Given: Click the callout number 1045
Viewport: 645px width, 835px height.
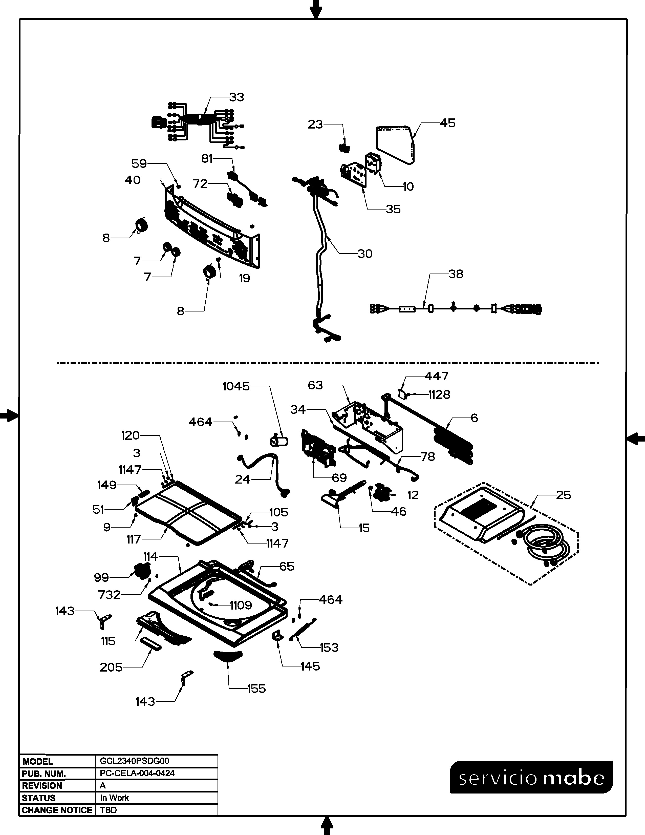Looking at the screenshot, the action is tap(236, 387).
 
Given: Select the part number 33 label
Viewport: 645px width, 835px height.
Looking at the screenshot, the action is tap(236, 97).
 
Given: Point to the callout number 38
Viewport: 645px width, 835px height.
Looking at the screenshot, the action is tap(456, 274).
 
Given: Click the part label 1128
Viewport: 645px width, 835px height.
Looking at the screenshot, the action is tap(439, 395).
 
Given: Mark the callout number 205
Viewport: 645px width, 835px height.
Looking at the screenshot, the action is tap(111, 667).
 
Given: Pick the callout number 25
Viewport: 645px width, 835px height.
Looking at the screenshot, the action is tap(563, 495).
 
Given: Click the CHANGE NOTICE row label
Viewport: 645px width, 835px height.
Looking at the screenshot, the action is tap(57, 810).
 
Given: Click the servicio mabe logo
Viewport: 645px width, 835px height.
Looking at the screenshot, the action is tap(531, 777).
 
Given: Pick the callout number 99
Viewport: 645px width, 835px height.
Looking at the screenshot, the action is tap(101, 577).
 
